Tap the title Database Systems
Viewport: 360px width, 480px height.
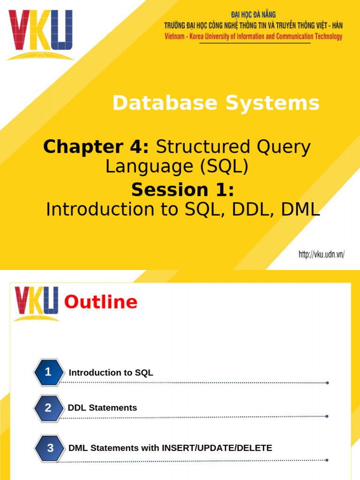point(216,103)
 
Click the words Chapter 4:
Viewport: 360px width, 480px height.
point(96,147)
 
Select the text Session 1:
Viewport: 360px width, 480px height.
point(182,190)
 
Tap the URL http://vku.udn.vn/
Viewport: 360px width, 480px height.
point(322,255)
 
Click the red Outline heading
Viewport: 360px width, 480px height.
point(101,302)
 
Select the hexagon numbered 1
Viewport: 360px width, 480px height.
point(48,372)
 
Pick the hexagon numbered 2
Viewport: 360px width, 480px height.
point(48,408)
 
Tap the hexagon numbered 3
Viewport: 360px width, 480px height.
point(50,448)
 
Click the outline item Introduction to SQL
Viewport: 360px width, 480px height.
point(111,373)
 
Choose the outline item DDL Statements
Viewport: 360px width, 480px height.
point(103,408)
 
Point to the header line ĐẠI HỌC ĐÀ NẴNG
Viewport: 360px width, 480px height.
point(253,15)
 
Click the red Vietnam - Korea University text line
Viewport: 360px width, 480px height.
point(253,37)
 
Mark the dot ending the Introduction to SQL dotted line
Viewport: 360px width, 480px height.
point(327,383)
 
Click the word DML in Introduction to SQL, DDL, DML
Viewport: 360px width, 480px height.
point(300,210)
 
